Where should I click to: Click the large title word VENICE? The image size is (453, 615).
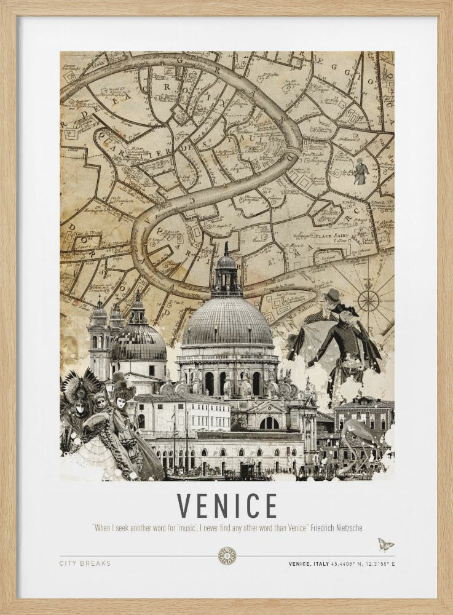(227, 506)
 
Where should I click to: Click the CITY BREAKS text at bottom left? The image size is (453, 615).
(85, 563)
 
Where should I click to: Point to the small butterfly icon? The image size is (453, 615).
(385, 544)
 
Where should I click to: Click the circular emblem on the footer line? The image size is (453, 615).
(227, 556)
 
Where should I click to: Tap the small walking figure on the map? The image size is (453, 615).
(360, 172)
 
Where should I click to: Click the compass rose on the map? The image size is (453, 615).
(368, 300)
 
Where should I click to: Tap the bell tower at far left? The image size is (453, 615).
(98, 338)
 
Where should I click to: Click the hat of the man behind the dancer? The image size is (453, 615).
(333, 295)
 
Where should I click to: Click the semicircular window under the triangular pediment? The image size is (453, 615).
(269, 423)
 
